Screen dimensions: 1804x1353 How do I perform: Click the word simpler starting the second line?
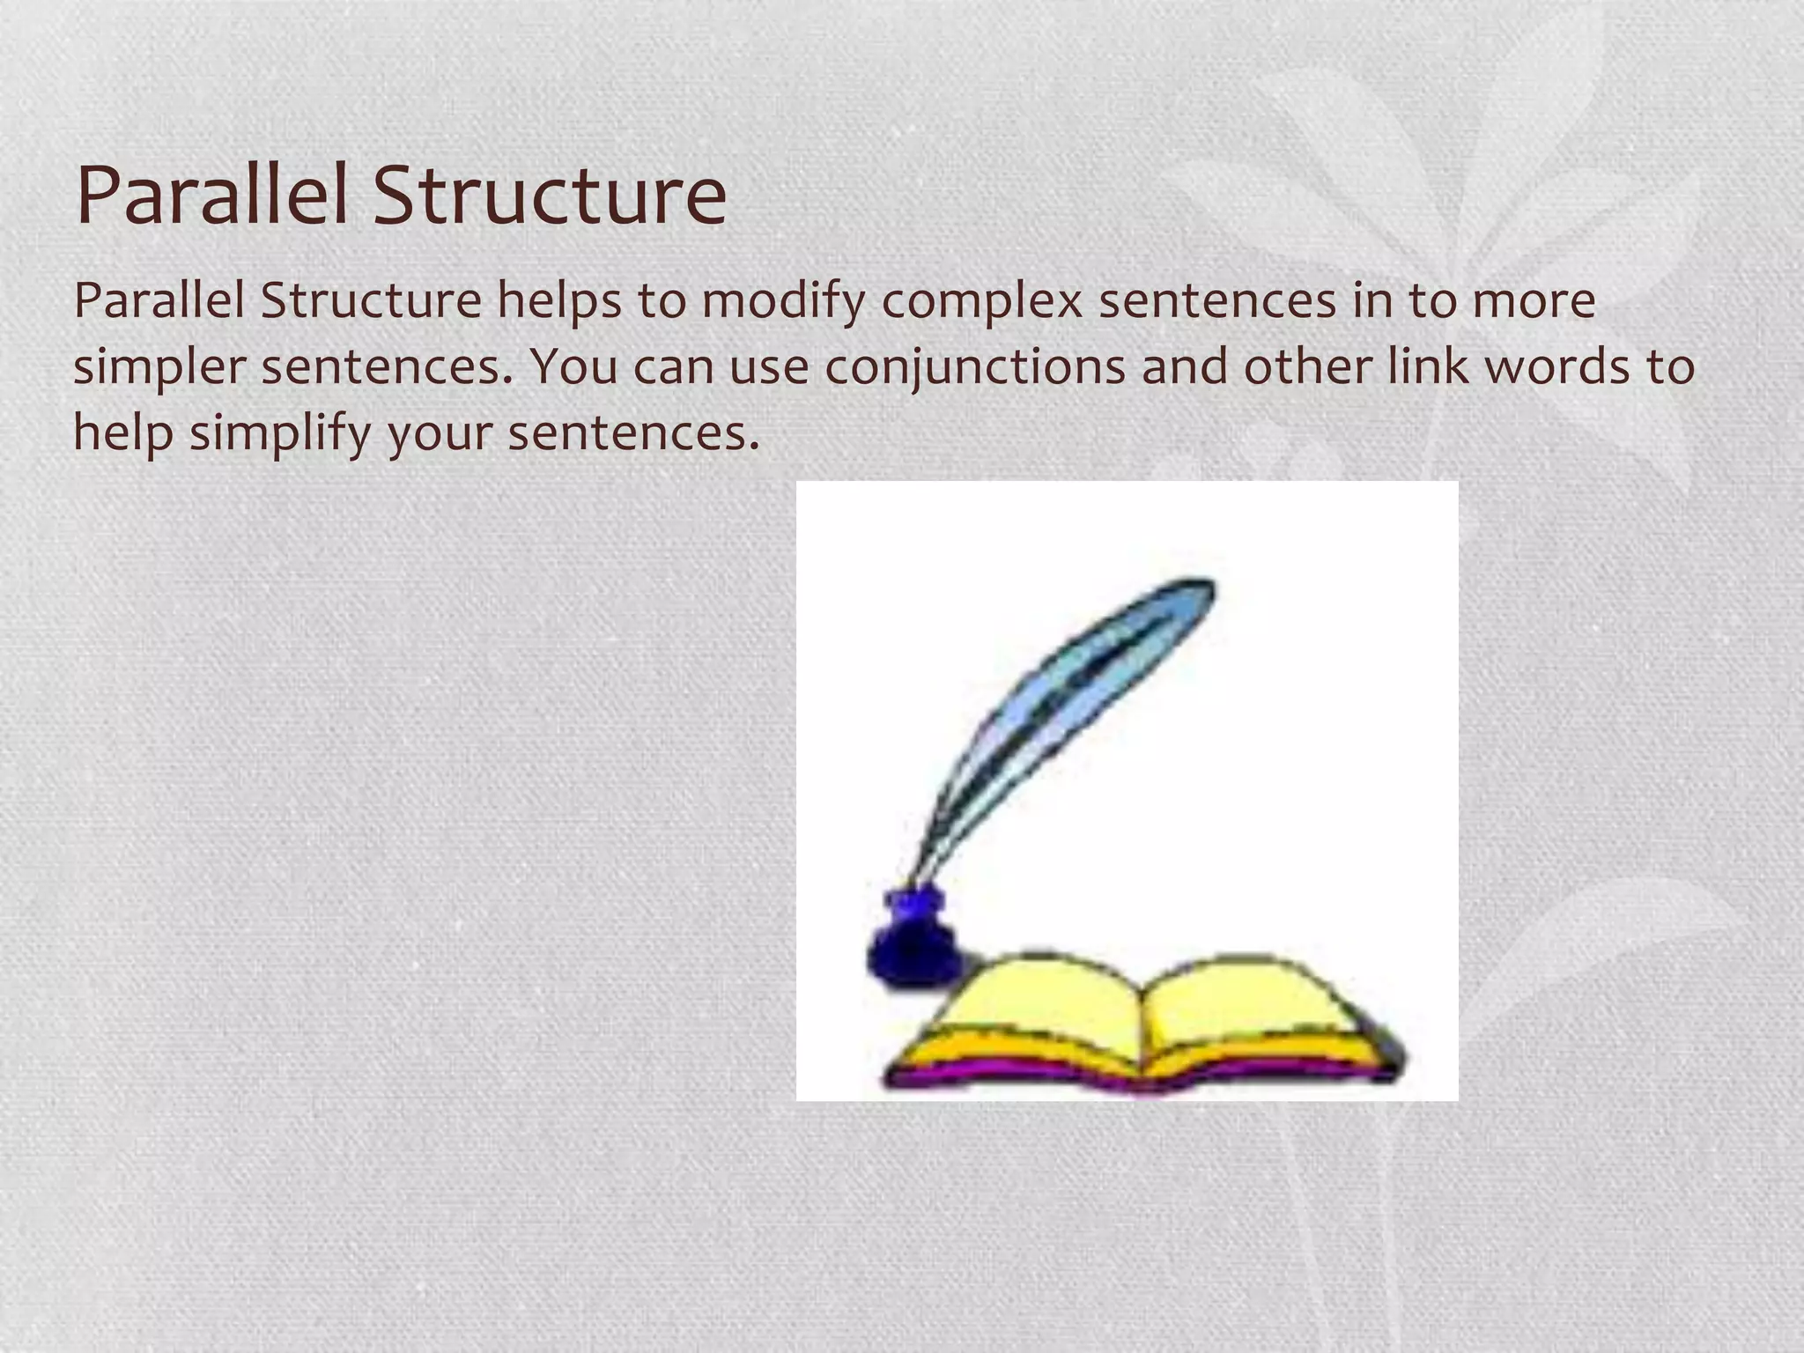pos(159,368)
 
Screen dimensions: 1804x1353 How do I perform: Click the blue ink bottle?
pos(913,947)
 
